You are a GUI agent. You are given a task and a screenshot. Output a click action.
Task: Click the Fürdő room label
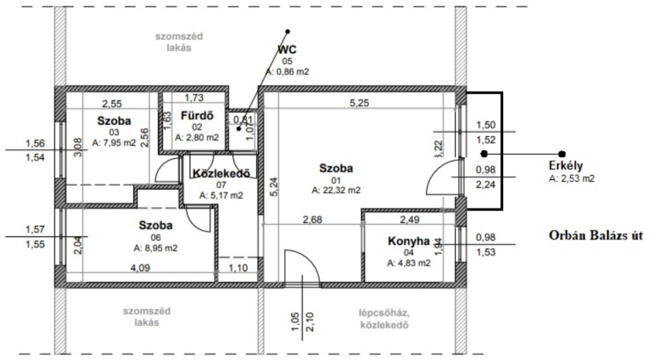point(197,115)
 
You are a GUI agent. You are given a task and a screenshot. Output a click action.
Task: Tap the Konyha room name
point(409,241)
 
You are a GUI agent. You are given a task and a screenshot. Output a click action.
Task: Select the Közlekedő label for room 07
point(221,174)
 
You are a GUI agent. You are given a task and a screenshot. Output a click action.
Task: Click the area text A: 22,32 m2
point(336,191)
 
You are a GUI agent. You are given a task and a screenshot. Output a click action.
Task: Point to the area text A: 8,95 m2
point(155,248)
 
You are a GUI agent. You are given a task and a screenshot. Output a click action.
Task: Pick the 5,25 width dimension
point(359,103)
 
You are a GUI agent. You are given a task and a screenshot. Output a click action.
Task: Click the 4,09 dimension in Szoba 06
point(140,268)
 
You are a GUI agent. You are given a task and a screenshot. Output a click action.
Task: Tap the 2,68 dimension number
point(312,219)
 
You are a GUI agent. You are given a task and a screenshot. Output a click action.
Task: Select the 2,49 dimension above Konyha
point(410,219)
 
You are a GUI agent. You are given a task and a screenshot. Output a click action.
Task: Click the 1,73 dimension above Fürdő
point(194,97)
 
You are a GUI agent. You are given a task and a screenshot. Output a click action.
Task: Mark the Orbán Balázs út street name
point(596,235)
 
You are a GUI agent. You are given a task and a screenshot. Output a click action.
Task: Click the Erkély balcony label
point(565,165)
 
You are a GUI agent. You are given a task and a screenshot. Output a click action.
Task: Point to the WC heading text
point(287,49)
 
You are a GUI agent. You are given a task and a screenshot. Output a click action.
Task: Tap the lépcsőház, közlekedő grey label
point(384,319)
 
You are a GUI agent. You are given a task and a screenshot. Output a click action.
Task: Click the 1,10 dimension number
point(238,268)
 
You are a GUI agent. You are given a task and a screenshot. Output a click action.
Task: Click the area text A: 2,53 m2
point(572,178)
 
